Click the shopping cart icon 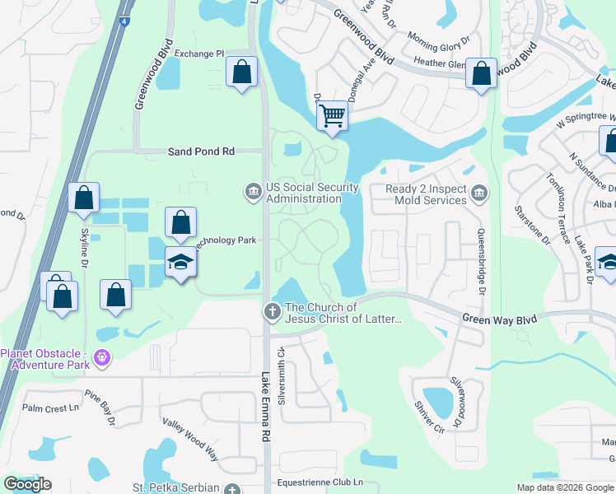[332, 115]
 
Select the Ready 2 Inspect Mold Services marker [479, 194]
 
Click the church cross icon [272, 312]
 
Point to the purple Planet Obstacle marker [101, 357]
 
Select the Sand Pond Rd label [201, 151]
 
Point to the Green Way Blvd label [498, 319]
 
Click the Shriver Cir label [429, 418]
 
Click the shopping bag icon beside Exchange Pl [241, 72]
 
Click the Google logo [27, 484]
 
